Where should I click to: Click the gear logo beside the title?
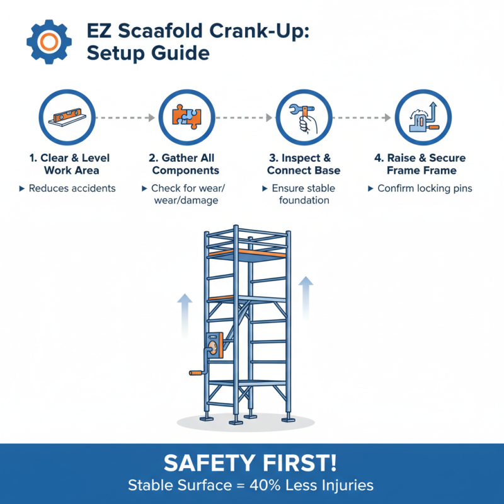tap(45, 41)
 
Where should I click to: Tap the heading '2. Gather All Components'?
tap(186, 164)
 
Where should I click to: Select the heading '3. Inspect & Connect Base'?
tap(304, 164)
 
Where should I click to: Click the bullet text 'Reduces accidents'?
tap(72, 188)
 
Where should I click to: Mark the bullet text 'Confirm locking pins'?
tap(425, 188)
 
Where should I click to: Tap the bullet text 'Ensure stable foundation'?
tap(303, 194)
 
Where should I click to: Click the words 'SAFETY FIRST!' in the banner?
tap(251, 463)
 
